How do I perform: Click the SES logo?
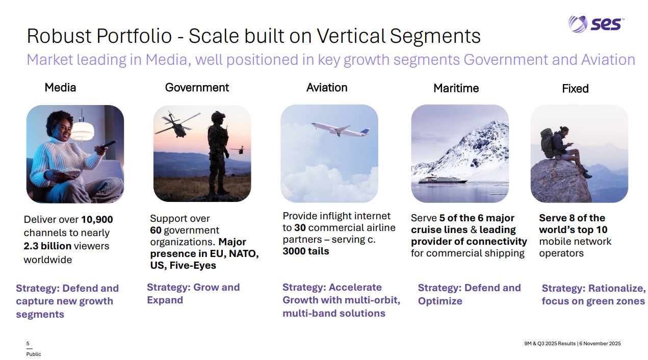coord(596,24)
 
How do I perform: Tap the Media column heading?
coord(60,87)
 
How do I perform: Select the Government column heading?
coord(197,87)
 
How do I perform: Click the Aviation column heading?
coord(327,87)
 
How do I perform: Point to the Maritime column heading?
coord(456,88)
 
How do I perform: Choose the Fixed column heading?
coord(575,89)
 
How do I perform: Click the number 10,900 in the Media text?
coord(97,220)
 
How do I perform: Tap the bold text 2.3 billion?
coord(47,246)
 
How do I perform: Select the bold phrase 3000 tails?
coord(306,251)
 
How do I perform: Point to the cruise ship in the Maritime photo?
coord(443,180)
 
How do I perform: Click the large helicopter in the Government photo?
coord(177,125)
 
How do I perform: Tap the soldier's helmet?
coord(218,117)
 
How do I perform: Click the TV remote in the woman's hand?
coord(109,144)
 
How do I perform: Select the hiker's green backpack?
coord(548,143)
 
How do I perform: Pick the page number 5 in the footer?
coord(28,344)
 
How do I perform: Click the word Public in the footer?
coord(34,354)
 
